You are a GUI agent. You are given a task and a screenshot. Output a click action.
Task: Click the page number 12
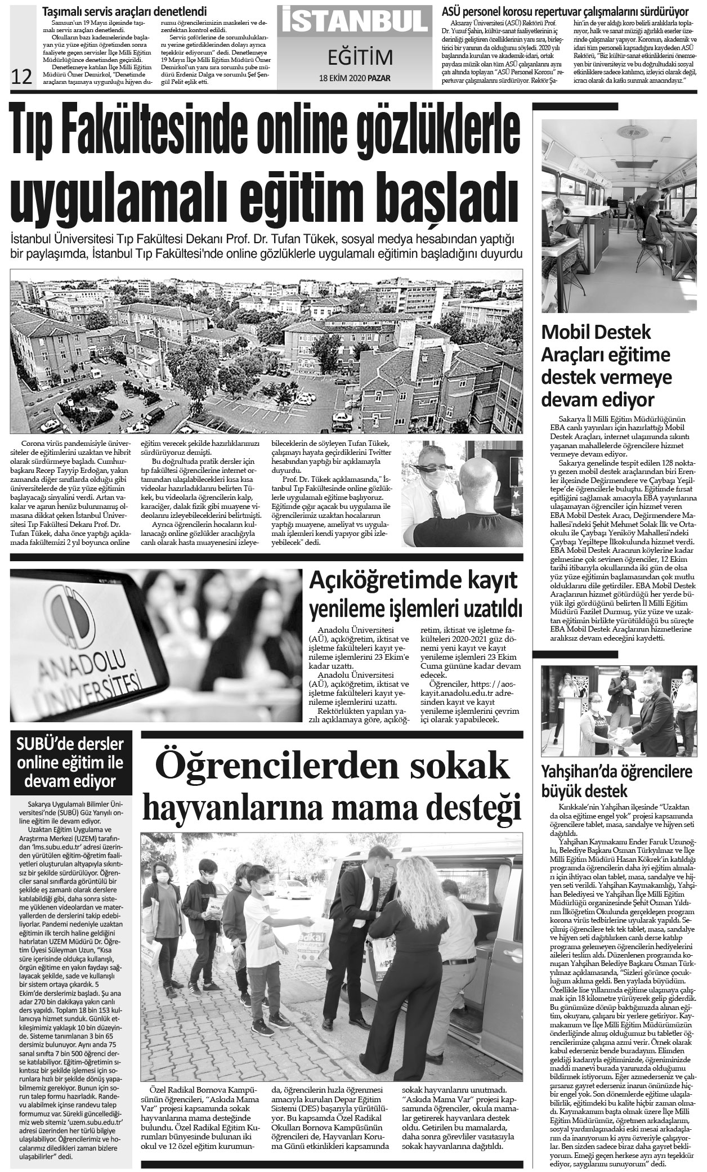click(x=21, y=77)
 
